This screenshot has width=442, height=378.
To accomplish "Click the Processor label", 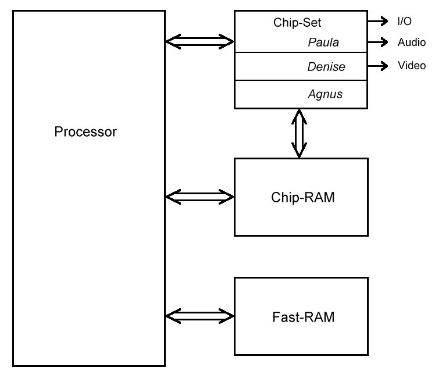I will [x=85, y=131].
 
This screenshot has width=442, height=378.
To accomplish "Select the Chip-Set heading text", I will [x=297, y=23].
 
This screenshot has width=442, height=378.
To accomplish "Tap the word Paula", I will [x=323, y=42].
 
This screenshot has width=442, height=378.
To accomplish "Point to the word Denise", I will [x=326, y=67].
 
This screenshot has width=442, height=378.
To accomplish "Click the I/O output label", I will [x=405, y=22].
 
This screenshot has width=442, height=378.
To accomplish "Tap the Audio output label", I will [x=411, y=42].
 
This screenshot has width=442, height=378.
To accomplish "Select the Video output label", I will [x=411, y=66].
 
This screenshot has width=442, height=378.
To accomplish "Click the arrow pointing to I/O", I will [x=378, y=22].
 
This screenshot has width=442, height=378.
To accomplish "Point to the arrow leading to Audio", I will [x=378, y=42].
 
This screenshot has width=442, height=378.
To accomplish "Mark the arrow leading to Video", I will [x=378, y=66].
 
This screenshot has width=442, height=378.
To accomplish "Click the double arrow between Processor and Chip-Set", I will [x=199, y=41].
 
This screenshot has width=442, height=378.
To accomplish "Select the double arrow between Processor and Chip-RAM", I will [x=199, y=197].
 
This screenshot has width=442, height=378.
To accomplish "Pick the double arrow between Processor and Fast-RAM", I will [x=199, y=316].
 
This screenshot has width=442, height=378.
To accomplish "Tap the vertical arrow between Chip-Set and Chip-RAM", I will [x=299, y=133].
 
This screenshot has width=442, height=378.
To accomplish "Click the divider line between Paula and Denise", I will [x=301, y=53].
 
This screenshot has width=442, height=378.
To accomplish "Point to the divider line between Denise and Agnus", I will [x=301, y=80].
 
